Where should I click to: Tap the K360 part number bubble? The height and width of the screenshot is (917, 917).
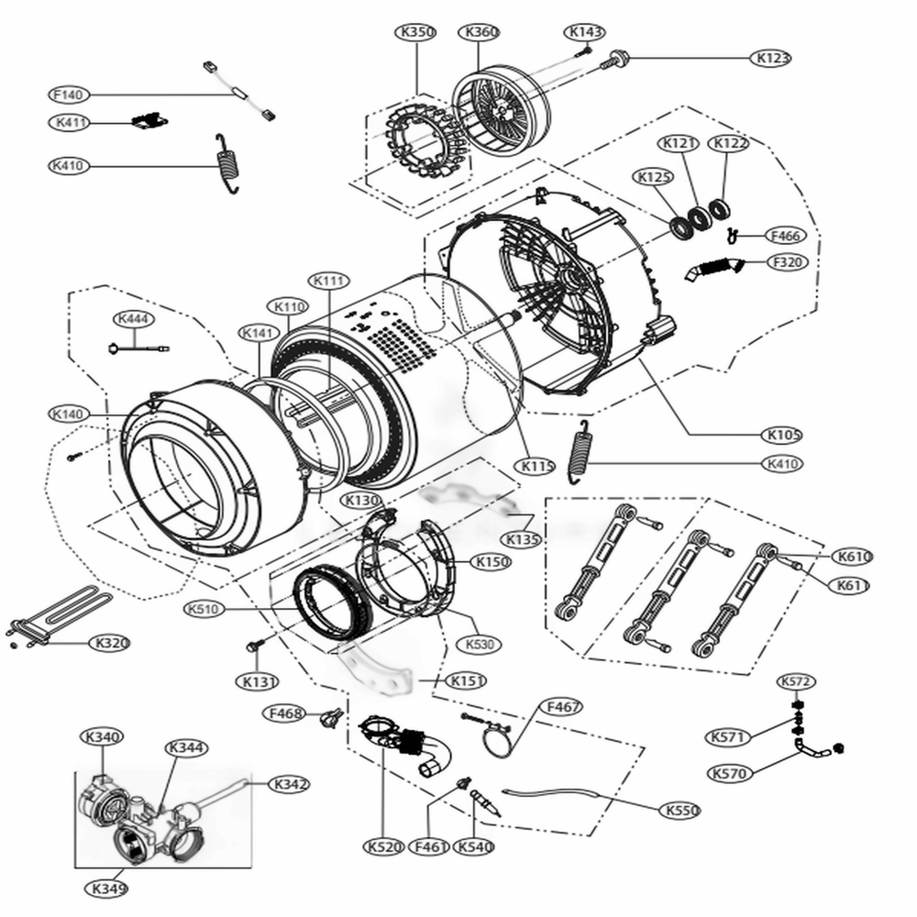[x=482, y=33]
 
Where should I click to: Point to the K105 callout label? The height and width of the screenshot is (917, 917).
[x=784, y=433]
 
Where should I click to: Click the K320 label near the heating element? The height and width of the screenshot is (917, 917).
[x=110, y=643]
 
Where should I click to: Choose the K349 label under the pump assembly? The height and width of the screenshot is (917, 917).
[x=108, y=888]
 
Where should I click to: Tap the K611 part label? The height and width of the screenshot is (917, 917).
[x=852, y=585]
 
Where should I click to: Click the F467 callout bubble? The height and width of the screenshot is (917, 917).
[x=563, y=707]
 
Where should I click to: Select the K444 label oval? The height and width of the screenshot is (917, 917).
[x=136, y=318]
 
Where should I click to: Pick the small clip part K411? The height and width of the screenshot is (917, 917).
[x=149, y=120]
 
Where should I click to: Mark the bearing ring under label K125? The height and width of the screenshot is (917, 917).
[x=682, y=226]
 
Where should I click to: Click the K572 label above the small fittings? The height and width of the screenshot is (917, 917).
[x=796, y=681]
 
